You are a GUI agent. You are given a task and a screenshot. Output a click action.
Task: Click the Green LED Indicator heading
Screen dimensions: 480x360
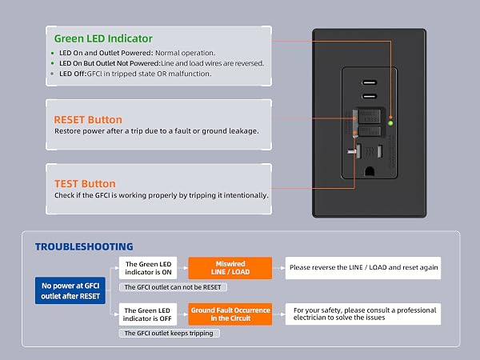[103, 38]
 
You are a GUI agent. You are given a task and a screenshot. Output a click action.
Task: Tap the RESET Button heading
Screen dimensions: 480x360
[88, 120]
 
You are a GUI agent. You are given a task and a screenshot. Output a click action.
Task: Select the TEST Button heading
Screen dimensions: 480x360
[85, 184]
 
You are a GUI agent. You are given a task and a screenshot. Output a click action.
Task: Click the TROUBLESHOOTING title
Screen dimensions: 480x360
[84, 246]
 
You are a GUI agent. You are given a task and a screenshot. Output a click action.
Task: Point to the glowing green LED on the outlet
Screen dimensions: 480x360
[390, 123]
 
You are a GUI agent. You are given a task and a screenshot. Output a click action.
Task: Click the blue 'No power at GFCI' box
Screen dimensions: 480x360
[70, 290]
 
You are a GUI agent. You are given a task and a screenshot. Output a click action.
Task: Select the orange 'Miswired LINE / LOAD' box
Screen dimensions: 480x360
[230, 268]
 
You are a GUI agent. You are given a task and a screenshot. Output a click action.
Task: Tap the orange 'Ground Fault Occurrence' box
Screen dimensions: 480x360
[230, 314]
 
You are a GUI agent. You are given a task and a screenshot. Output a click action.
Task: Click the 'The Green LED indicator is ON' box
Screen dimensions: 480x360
[148, 268]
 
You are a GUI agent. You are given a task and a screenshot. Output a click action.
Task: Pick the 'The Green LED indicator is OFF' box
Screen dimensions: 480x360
[148, 314]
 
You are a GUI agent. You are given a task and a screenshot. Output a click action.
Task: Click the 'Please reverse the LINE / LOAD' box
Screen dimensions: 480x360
[363, 268]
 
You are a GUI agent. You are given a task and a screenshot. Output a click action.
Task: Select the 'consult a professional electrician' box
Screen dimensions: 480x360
[363, 314]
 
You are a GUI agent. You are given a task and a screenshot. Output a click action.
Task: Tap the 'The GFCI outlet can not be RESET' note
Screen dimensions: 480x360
[173, 287]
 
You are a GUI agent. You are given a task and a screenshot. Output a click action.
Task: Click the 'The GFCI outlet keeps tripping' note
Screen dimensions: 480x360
[169, 333]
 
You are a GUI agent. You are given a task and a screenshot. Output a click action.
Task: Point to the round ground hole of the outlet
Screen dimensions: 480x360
[370, 171]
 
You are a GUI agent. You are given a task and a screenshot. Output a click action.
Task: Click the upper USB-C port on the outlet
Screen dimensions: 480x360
[370, 82]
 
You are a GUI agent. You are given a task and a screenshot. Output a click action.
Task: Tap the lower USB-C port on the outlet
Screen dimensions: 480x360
[370, 96]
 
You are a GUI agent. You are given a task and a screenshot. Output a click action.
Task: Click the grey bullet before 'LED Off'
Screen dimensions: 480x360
[52, 74]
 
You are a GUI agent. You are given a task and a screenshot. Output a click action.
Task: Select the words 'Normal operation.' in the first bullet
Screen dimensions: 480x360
[186, 53]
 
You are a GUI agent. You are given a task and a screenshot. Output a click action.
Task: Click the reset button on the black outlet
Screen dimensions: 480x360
[369, 116]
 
